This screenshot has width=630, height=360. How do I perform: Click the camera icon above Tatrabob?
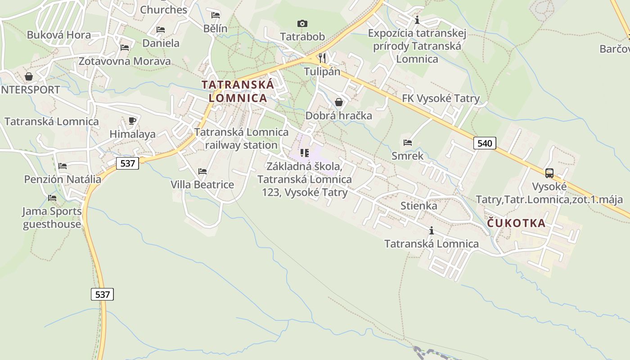pyautogui.click(x=302, y=23)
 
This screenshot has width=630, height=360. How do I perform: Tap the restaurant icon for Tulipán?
pyautogui.click(x=322, y=58)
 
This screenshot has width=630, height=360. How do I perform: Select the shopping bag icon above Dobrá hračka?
pyautogui.click(x=339, y=103)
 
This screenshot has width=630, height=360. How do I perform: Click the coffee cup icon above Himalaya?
pyautogui.click(x=132, y=121)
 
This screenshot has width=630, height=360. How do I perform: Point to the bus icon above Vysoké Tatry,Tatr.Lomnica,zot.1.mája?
pyautogui.click(x=549, y=173)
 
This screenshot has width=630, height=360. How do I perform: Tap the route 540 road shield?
pyautogui.click(x=485, y=143)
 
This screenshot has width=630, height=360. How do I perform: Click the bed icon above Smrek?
pyautogui.click(x=408, y=143)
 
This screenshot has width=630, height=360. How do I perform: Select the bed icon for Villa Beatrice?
pyautogui.click(x=202, y=171)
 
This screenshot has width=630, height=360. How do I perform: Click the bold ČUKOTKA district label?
pyautogui.click(x=516, y=223)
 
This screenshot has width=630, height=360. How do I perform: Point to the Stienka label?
pyautogui.click(x=418, y=206)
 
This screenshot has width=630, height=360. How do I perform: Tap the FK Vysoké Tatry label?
pyautogui.click(x=441, y=99)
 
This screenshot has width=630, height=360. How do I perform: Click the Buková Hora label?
pyautogui.click(x=58, y=35)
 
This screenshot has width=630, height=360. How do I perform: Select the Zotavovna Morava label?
pyautogui.click(x=125, y=61)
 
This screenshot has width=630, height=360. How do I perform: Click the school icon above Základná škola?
pyautogui.click(x=305, y=153)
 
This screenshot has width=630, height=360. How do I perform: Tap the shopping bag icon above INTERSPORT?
pyautogui.click(x=29, y=76)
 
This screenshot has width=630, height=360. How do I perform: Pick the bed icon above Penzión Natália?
pyautogui.click(x=63, y=166)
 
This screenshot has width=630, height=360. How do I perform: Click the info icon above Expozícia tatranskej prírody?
pyautogui.click(x=417, y=20)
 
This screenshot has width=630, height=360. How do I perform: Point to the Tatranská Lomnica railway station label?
pyautogui.click(x=241, y=139)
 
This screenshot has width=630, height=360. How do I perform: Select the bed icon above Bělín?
pyautogui.click(x=216, y=15)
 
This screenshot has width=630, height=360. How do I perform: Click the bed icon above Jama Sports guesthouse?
pyautogui.click(x=52, y=198)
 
